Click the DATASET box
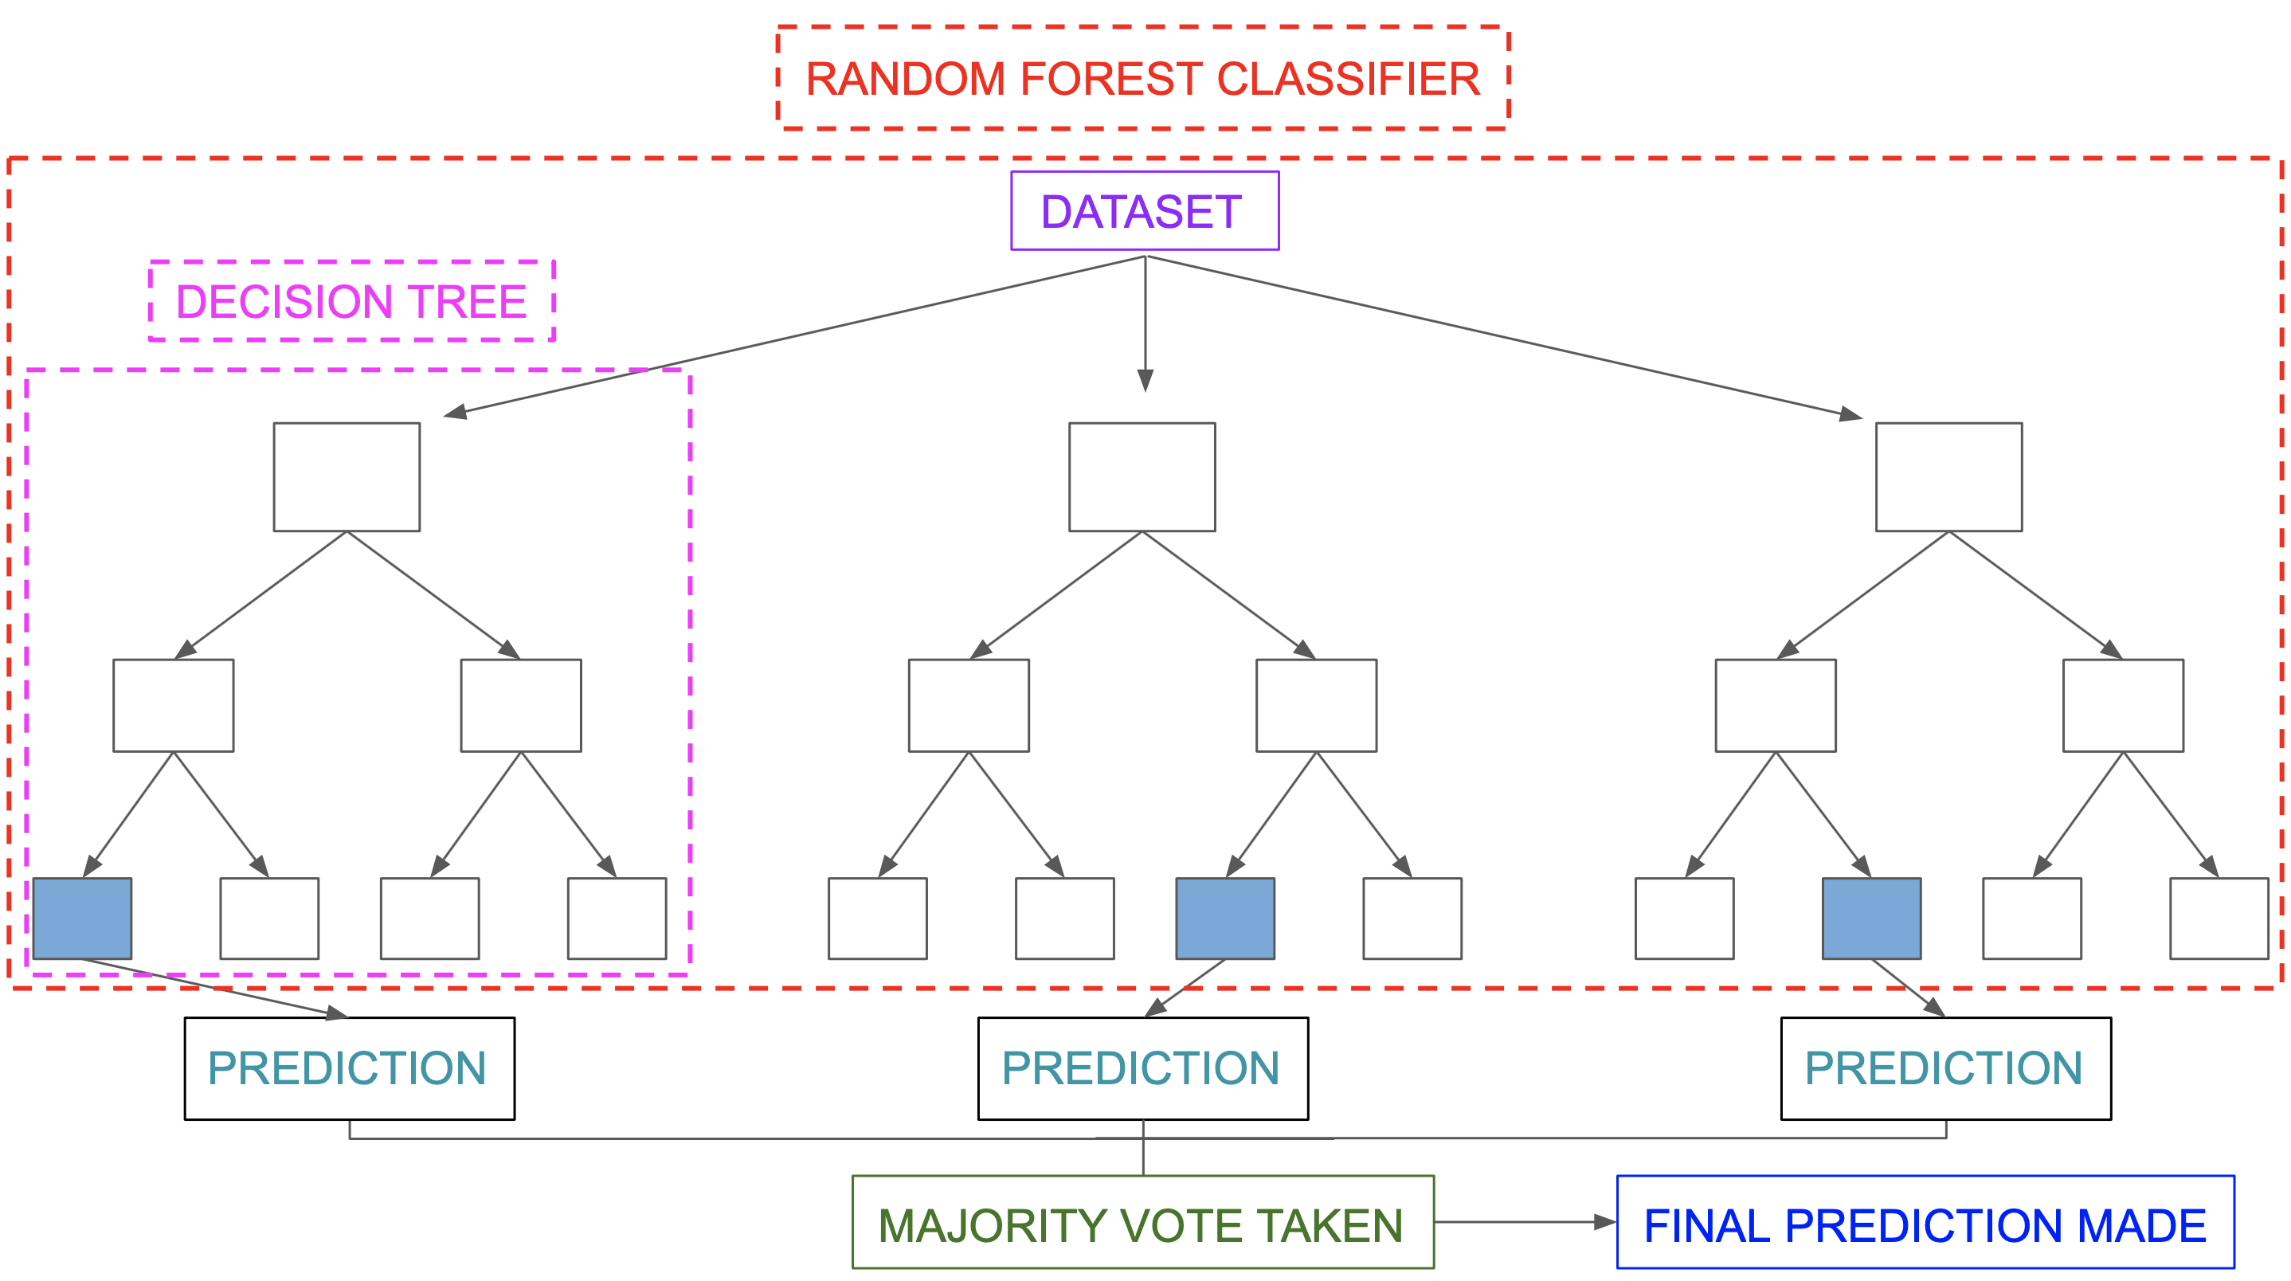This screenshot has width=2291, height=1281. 1144,211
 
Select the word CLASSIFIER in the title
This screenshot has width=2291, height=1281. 1347,79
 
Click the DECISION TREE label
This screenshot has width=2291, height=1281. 351,302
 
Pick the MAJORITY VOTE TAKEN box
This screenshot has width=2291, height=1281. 1142,1222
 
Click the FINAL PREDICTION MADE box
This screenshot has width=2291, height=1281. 1925,1222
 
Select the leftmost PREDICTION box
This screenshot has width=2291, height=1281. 349,1068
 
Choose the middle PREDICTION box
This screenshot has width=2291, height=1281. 1142,1068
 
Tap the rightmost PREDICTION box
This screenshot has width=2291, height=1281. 1945,1068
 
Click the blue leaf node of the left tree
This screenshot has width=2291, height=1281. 82,918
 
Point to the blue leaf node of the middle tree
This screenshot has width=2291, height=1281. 1224,918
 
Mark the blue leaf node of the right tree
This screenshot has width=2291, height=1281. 1871,918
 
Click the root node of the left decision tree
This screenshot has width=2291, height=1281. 346,477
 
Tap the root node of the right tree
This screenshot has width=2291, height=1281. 1948,477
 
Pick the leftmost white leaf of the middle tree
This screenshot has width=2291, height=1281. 877,918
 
